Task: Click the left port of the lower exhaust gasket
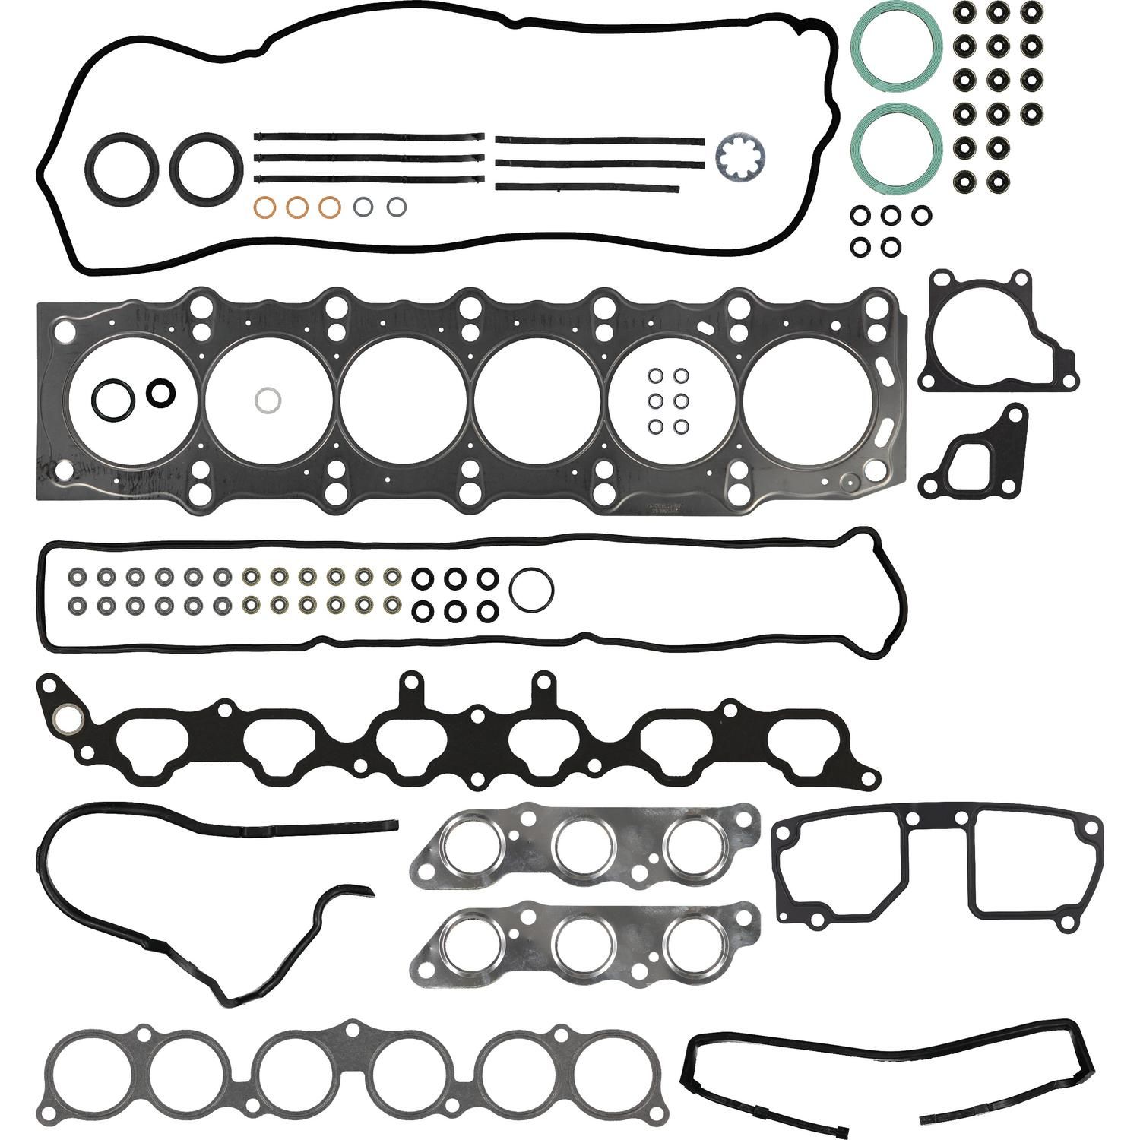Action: pyautogui.click(x=471, y=944)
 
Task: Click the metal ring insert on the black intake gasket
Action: pyautogui.click(x=65, y=716)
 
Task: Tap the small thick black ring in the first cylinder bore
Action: pyautogui.click(x=160, y=392)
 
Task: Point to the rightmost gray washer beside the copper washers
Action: pyautogui.click(x=397, y=206)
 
